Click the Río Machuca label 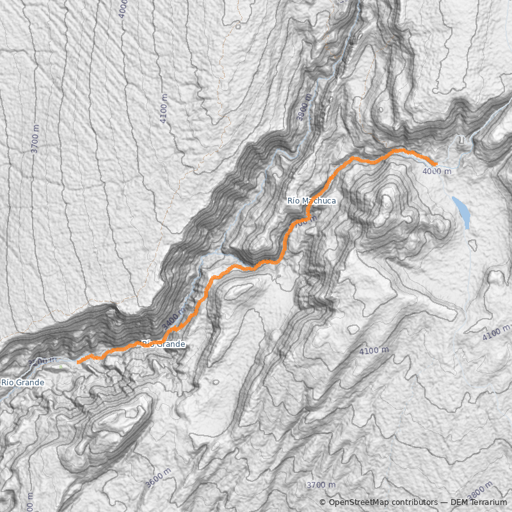coord(311,201)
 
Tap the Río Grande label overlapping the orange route coord(164,344)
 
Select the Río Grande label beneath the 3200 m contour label coord(22,383)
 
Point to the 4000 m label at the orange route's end coord(437,172)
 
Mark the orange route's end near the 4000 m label coord(435,164)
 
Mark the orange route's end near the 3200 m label coord(78,362)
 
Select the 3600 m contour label coord(158,477)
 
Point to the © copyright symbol coord(323,502)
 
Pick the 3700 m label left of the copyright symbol coord(321,485)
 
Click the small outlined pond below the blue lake coord(472,244)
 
